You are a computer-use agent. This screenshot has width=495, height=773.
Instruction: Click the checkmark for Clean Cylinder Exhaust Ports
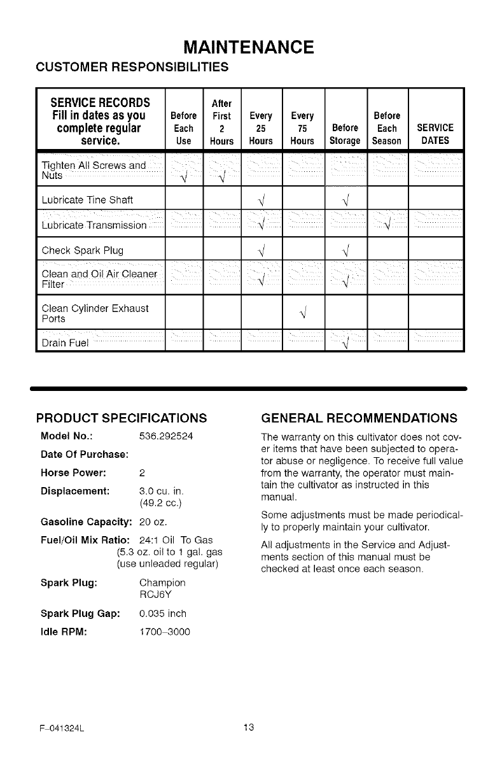click(303, 313)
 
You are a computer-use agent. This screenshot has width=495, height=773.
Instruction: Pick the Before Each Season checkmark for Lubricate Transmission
click(387, 225)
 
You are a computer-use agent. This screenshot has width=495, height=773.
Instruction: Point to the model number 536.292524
click(166, 437)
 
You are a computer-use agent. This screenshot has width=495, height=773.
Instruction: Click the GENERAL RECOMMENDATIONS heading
click(359, 418)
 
